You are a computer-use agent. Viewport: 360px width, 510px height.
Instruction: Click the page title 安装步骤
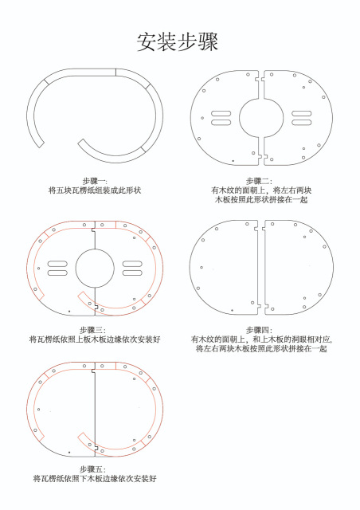pyautogui.click(x=178, y=41)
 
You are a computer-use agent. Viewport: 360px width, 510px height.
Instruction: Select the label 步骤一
pyautogui.click(x=95, y=182)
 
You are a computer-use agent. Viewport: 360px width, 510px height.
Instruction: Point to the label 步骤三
pyautogui.click(x=93, y=329)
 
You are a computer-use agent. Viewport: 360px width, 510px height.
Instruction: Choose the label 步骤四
pyautogui.click(x=260, y=329)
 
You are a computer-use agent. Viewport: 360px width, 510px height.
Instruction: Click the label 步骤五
pyautogui.click(x=93, y=469)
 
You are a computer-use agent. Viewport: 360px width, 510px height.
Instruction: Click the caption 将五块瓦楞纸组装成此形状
pyautogui.click(x=95, y=190)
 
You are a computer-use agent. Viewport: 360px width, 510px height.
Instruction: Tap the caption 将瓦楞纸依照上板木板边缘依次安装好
pyautogui.click(x=94, y=339)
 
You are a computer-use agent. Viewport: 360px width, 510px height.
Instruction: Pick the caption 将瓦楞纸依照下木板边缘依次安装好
pyautogui.click(x=94, y=479)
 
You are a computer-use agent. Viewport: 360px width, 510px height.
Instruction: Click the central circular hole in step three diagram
pyautogui.click(x=95, y=267)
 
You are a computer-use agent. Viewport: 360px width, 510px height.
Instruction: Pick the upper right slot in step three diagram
pyautogui.click(x=134, y=262)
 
